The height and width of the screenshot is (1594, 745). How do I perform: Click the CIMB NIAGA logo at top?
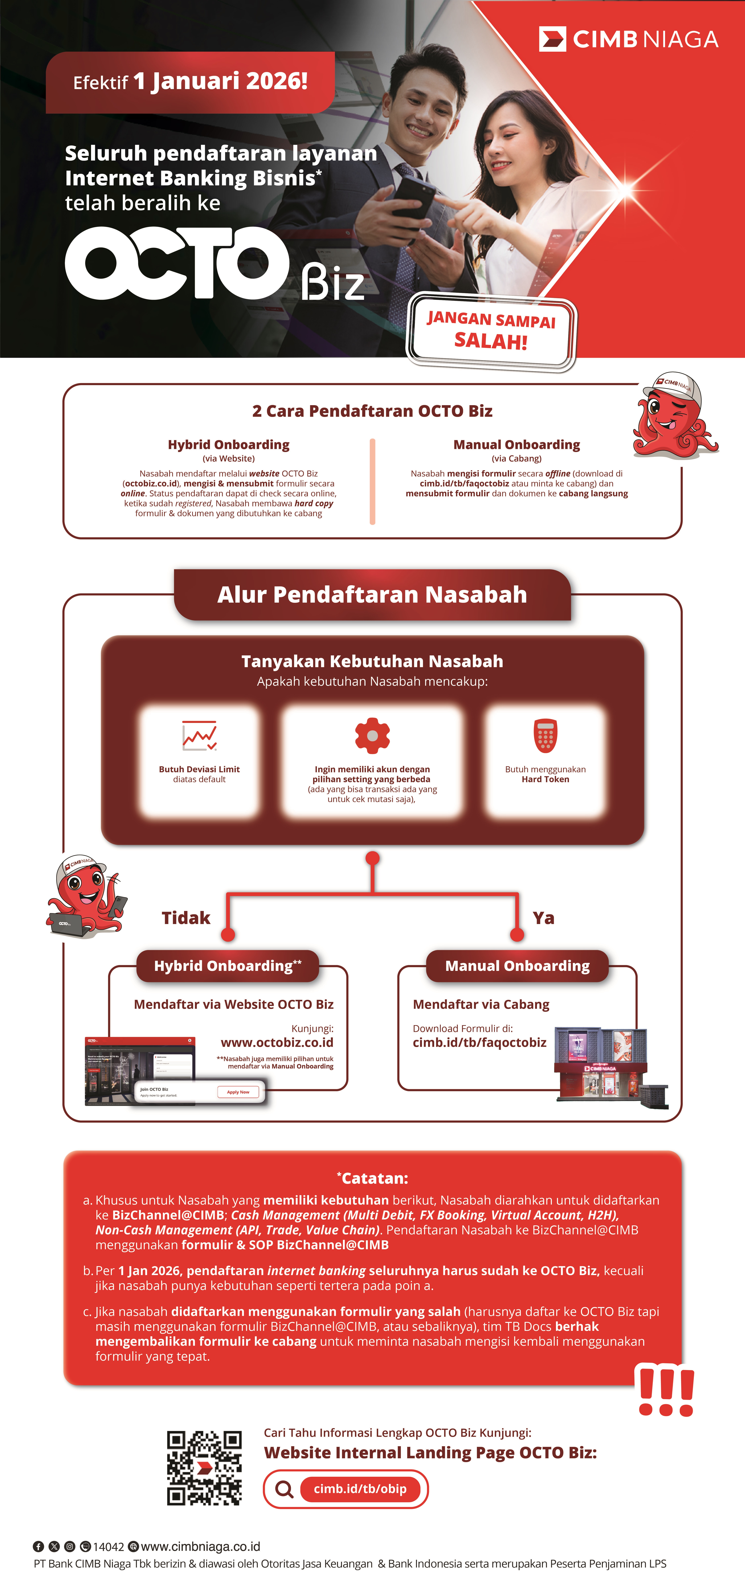coord(628,39)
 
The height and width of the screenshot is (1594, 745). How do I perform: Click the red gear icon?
coord(372,736)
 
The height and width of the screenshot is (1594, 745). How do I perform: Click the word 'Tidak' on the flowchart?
coord(186,918)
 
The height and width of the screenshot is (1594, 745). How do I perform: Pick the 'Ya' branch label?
coord(543,918)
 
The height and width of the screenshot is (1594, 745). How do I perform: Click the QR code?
coord(204,1468)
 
